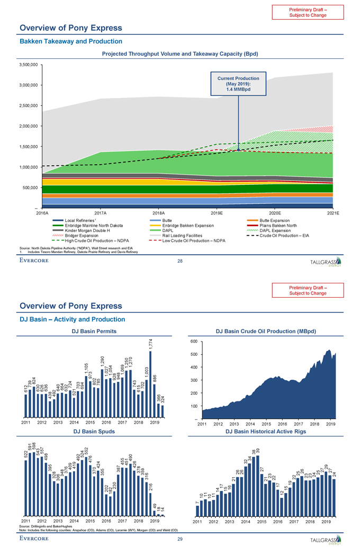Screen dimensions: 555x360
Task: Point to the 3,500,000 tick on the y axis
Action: pyautogui.click(x=28, y=65)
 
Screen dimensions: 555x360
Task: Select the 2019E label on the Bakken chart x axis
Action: pyautogui.click(x=217, y=212)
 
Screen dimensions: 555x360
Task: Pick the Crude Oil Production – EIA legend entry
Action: pyautogui.click(x=291, y=236)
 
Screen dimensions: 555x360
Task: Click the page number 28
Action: pyautogui.click(x=179, y=261)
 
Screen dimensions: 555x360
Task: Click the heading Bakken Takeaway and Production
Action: pyautogui.click(x=70, y=41)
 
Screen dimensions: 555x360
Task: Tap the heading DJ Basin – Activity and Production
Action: pyautogui.click(x=72, y=319)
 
